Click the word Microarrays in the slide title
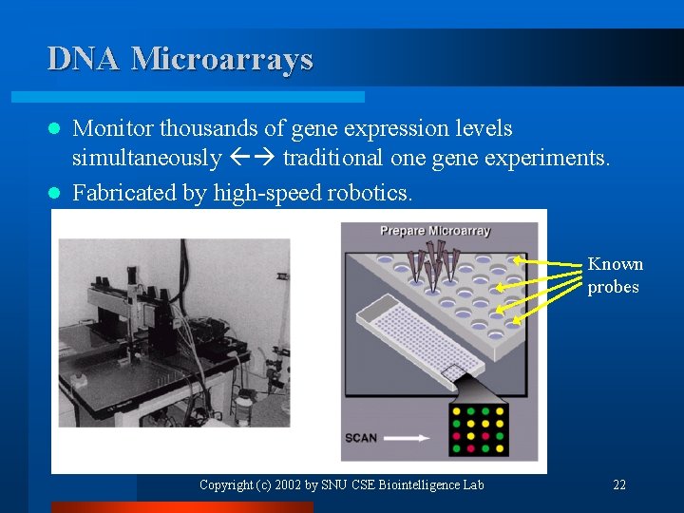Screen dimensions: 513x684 point(221,59)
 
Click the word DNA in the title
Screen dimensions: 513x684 point(85,59)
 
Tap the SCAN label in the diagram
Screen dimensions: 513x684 point(361,438)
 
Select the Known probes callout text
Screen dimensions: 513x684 point(615,275)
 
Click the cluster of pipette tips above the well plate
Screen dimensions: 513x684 point(433,265)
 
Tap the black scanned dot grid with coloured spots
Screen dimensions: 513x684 point(481,429)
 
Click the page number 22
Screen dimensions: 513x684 point(619,485)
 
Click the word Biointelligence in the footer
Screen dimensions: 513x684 point(424,485)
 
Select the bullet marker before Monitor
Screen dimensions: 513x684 point(55,128)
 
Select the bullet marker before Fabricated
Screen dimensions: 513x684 point(55,193)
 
